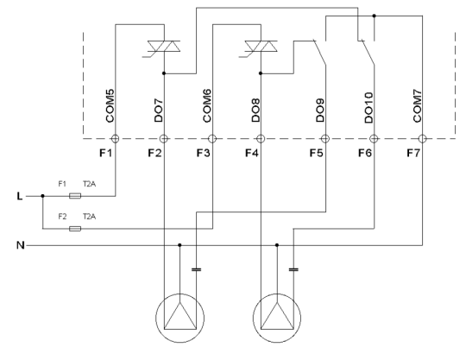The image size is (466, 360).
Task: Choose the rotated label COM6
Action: [x=208, y=108]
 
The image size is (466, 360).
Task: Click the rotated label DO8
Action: [x=256, y=112]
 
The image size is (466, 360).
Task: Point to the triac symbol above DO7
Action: [x=163, y=45]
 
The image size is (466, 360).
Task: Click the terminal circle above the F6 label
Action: [x=374, y=138]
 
